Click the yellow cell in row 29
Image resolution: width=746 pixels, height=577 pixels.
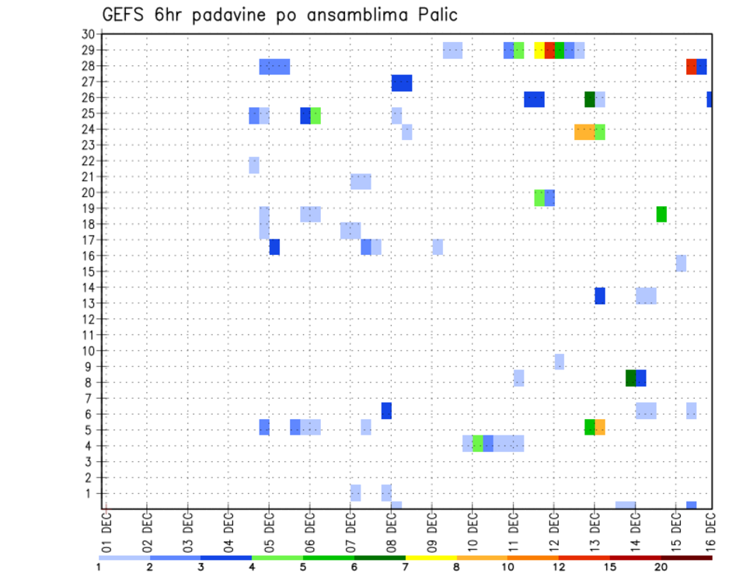(x=539, y=51)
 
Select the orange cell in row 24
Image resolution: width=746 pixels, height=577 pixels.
(x=584, y=132)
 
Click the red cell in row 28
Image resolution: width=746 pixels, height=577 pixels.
(x=691, y=67)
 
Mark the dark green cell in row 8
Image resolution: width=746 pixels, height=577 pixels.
(x=630, y=378)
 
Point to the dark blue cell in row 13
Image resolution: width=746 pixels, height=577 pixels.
(x=600, y=295)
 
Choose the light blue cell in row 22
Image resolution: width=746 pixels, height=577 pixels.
(x=254, y=165)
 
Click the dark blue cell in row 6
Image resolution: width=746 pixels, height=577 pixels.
(x=386, y=410)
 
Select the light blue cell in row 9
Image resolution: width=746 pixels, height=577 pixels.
(x=559, y=362)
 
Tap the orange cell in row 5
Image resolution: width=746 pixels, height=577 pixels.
(x=600, y=427)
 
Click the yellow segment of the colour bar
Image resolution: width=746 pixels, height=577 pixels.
(x=431, y=558)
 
